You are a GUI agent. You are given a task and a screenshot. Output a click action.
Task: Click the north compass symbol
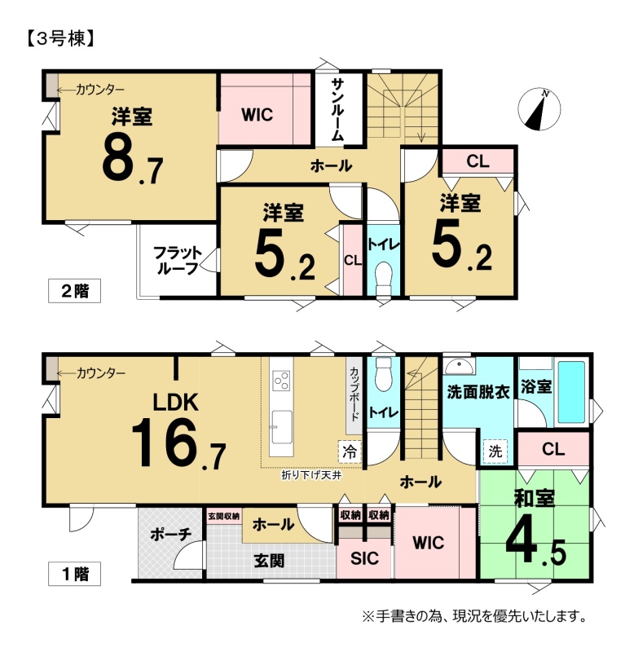(x=539, y=109)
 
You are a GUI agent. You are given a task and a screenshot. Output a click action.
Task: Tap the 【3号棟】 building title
(x=61, y=38)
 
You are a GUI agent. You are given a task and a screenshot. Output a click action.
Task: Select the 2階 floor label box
(x=74, y=291)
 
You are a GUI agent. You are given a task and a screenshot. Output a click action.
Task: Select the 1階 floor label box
(x=74, y=574)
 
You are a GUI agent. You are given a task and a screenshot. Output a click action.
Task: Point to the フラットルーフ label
(x=177, y=260)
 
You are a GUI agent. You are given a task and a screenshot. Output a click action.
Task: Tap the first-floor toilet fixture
(x=383, y=374)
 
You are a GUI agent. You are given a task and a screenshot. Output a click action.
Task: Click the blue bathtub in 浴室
(x=571, y=392)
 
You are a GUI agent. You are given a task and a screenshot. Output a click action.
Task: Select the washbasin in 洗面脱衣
(x=459, y=366)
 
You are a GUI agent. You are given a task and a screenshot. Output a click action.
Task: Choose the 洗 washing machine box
(x=495, y=452)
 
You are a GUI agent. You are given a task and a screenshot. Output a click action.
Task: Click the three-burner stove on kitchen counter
(x=280, y=381)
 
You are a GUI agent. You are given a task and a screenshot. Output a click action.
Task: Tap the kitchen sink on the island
(x=281, y=427)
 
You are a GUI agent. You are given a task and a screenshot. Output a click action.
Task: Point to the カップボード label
(x=354, y=394)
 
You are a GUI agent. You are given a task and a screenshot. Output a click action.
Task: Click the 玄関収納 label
(x=223, y=516)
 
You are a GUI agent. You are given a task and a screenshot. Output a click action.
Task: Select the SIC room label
(x=364, y=558)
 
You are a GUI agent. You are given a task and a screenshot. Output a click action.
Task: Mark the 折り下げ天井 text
(x=311, y=475)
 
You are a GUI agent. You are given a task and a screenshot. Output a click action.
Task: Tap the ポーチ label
(x=171, y=534)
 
